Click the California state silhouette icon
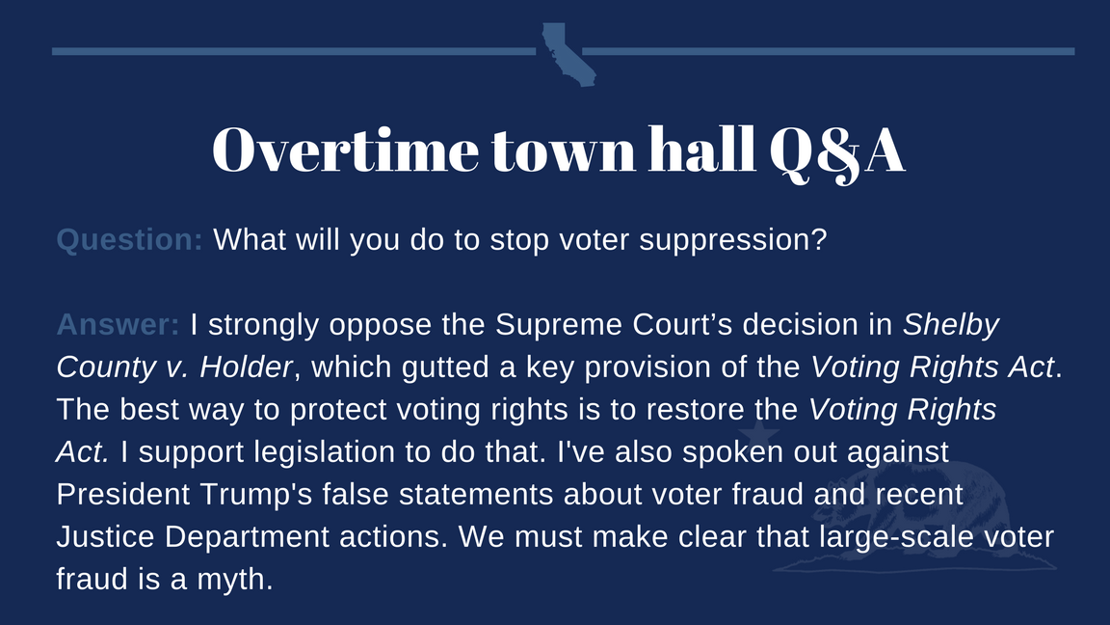point(568,54)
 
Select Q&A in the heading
point(836,152)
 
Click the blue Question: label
point(129,239)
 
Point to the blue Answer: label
point(119,324)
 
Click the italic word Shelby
point(951,325)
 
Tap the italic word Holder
point(246,367)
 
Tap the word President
point(123,495)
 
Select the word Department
point(247,538)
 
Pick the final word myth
point(235,581)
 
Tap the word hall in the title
point(701,149)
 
